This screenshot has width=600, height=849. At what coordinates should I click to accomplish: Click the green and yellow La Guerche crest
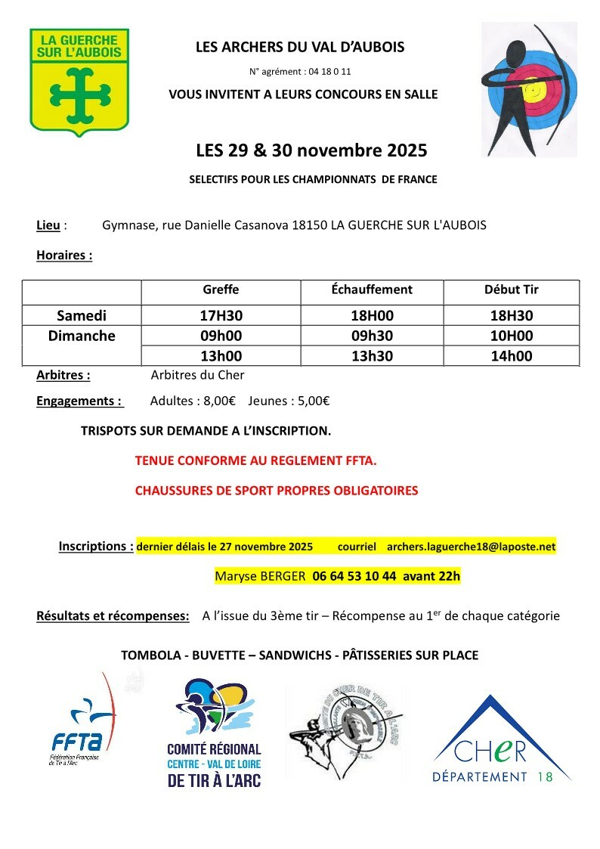pos(79,79)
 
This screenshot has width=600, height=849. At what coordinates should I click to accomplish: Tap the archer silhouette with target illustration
pos(529,89)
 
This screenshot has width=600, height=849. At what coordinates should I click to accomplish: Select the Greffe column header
pos(221,290)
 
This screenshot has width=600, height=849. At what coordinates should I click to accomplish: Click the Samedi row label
pos(82,316)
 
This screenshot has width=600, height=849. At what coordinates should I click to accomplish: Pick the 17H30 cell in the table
pos(221,316)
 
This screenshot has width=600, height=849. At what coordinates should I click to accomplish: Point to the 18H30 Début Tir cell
pos(512,316)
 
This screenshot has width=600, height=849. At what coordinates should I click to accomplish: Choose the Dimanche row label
pos(82,336)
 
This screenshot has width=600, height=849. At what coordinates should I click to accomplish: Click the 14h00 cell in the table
pos(512,357)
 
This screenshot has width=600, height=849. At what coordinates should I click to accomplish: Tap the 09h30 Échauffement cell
pos(372,336)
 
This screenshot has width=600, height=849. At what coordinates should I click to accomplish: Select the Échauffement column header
pos(372,290)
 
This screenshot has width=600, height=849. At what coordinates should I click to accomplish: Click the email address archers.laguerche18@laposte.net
pos(471,546)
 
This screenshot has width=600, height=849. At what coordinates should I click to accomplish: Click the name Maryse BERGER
pos(260,576)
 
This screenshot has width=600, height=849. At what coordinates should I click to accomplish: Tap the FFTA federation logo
pos(82,722)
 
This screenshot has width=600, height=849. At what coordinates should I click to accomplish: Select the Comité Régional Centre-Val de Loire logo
pos(215,732)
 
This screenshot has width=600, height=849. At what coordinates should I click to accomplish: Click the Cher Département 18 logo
pos(493,741)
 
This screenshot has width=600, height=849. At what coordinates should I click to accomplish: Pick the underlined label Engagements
pos(79,401)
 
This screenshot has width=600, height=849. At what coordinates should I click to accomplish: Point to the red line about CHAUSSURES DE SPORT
pos(276,491)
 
